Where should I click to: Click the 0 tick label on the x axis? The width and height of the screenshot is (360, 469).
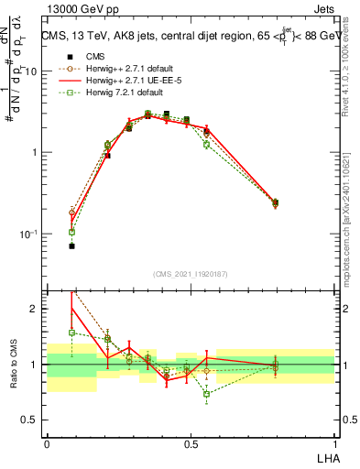click(x=47, y=442)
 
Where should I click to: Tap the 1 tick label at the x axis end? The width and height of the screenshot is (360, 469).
click(x=334, y=442)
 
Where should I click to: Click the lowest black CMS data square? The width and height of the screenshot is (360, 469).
click(x=71, y=245)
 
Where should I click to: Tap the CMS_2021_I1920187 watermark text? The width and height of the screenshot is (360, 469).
click(x=191, y=273)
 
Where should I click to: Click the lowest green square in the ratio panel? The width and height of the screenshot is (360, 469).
click(x=207, y=394)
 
